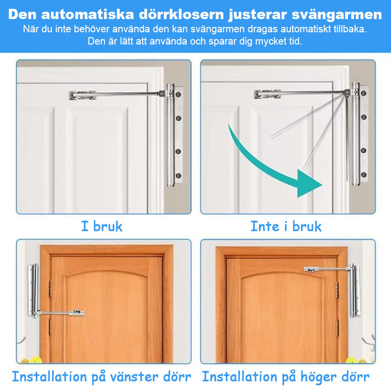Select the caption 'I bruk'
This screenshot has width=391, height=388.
point(102,227)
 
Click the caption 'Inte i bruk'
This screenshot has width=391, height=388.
point(286,227)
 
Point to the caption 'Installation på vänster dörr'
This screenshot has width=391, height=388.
point(102,377)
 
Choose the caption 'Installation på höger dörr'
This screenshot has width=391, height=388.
point(286,377)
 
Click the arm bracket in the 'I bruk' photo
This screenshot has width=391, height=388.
point(83,95)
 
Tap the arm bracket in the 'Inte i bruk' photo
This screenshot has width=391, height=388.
point(267,94)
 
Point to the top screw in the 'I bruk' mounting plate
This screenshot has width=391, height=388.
point(179,92)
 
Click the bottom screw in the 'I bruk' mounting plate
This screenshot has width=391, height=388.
point(179,176)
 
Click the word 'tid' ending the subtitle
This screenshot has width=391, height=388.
point(296,41)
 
